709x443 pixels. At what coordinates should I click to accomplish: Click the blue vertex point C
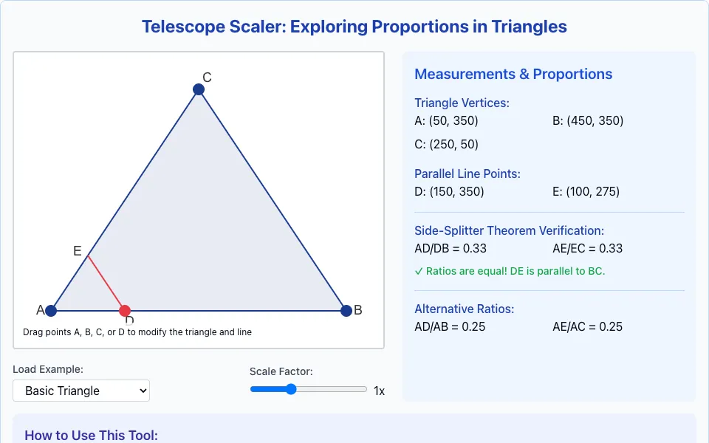(199, 89)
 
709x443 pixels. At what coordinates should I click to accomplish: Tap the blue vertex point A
(51, 311)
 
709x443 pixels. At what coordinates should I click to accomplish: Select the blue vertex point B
(346, 311)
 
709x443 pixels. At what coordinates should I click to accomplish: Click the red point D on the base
(125, 311)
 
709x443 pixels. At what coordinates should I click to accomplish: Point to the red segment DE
(106, 283)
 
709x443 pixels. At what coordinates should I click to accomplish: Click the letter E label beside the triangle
(78, 251)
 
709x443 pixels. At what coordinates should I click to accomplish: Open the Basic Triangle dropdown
(81, 391)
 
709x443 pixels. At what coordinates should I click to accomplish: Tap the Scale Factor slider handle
(291, 389)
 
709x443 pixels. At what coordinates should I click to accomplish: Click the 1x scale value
(379, 391)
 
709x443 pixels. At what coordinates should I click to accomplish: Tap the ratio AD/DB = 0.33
(451, 249)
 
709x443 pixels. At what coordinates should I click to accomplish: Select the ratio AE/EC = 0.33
(587, 249)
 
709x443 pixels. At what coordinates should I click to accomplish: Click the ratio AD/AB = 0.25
(450, 327)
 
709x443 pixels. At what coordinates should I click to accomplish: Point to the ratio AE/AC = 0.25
(587, 327)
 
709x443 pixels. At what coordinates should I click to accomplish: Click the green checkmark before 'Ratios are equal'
(419, 271)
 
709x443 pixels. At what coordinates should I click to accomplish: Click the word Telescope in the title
(183, 27)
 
